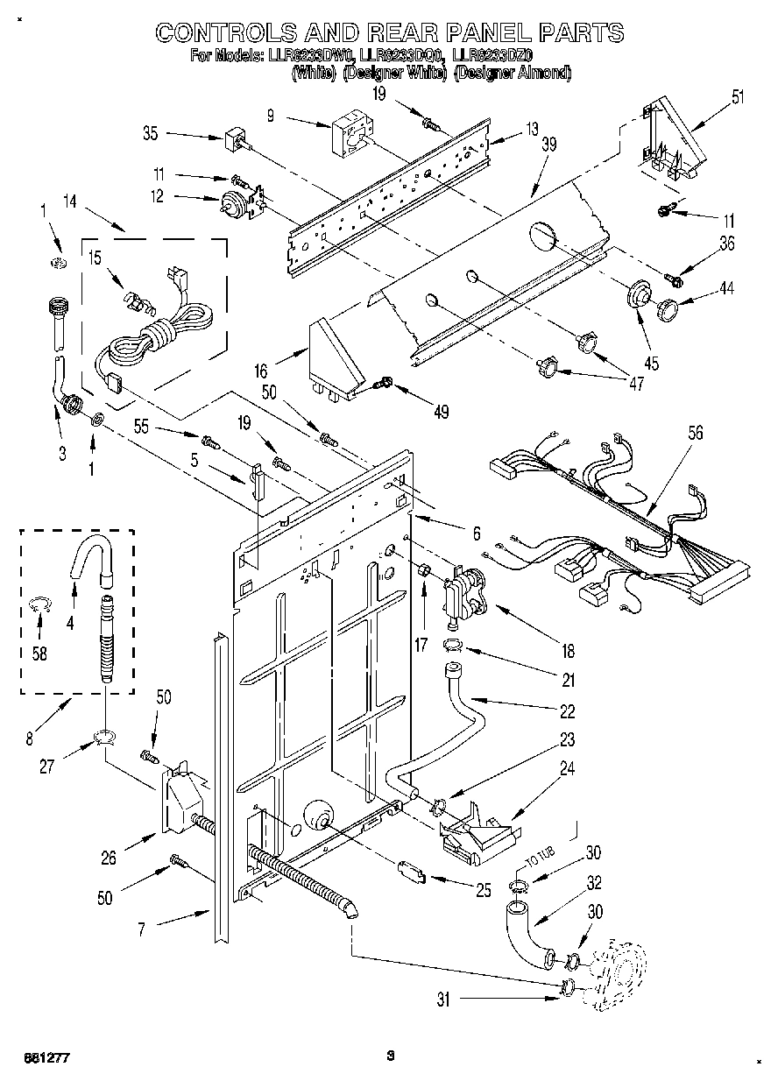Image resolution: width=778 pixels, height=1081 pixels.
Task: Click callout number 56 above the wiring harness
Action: [x=696, y=433]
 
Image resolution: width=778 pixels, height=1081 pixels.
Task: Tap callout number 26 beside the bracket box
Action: [x=108, y=858]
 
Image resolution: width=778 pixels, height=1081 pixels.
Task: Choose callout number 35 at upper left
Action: [x=150, y=134]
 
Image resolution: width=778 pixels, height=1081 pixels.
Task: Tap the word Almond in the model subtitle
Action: [x=543, y=73]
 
